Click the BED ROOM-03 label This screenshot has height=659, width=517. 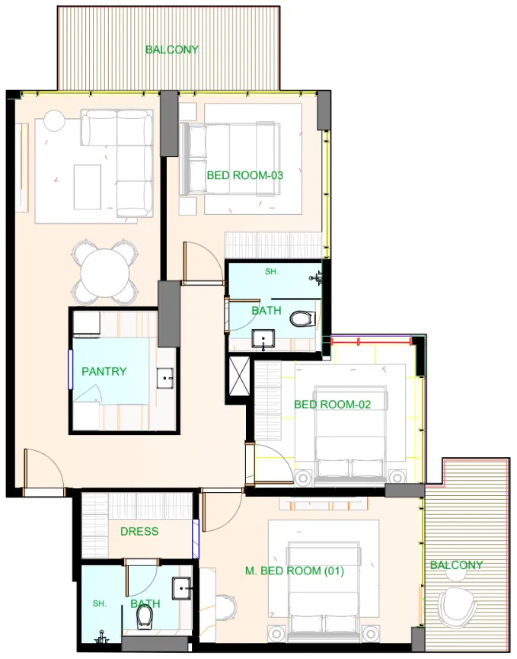point(244,175)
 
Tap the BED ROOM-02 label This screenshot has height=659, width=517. point(332,405)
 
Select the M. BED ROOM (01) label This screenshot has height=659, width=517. point(295,571)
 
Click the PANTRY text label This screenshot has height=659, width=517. point(104,372)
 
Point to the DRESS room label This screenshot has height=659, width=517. point(139,531)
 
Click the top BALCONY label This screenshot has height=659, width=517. point(172,50)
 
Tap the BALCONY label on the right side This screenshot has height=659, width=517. point(456,565)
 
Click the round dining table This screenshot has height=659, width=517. point(105,272)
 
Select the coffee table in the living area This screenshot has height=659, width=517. point(87,187)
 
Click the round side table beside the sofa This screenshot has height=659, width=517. point(54,121)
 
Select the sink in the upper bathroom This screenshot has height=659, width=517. point(264,339)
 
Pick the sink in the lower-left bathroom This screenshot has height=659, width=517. point(181,587)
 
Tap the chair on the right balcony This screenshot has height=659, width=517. point(458,607)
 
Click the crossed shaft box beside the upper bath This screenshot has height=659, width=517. point(239,374)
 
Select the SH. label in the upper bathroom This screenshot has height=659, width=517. point(272,271)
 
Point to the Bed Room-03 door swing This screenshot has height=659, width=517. point(196,263)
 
